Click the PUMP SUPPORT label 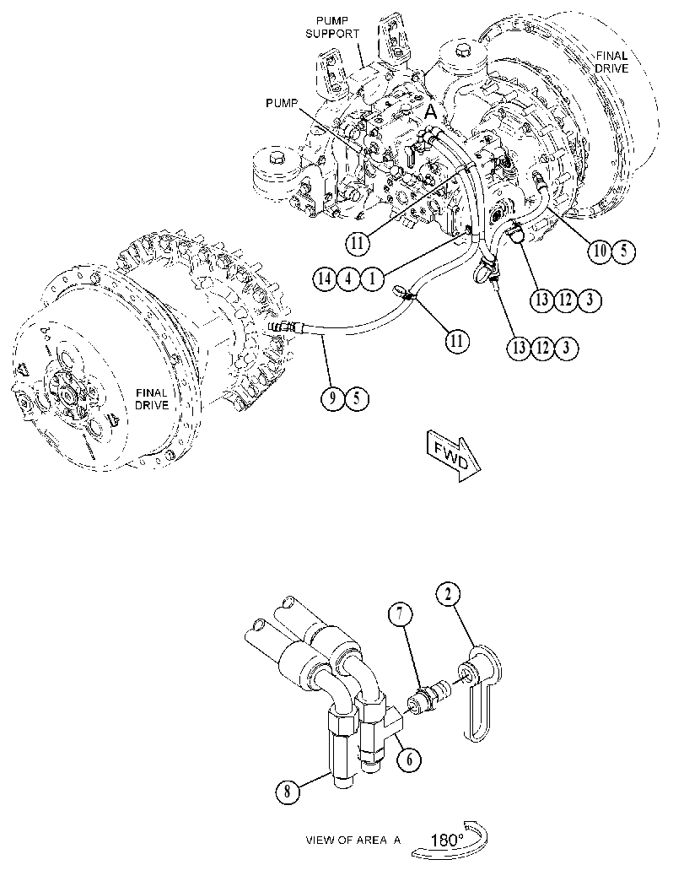[x=332, y=27]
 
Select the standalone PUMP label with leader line [x=282, y=103]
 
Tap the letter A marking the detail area [x=432, y=112]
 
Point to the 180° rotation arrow [x=450, y=841]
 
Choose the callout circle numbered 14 [x=325, y=278]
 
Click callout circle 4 [x=348, y=278]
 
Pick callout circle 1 [x=373, y=278]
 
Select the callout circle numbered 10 [x=601, y=251]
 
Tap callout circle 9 [x=332, y=398]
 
